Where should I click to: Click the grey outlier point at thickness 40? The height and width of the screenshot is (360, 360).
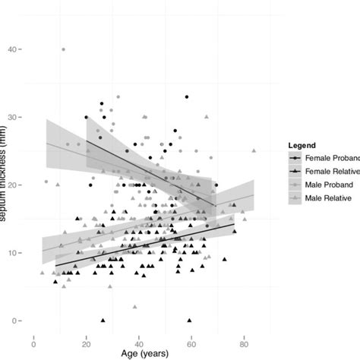[x=63, y=49]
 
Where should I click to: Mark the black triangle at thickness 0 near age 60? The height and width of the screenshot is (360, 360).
[x=189, y=321]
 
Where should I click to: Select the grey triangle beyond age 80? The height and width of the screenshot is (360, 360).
[x=254, y=150]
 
